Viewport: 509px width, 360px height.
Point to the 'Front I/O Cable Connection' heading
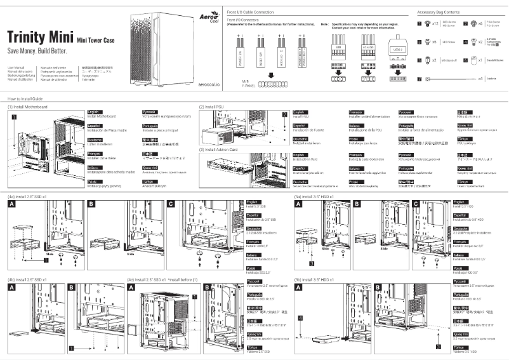251,13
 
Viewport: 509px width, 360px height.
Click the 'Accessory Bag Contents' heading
439,13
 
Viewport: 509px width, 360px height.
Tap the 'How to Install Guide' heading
25,100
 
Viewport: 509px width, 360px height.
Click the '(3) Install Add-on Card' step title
219,149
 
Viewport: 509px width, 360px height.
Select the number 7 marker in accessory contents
420,79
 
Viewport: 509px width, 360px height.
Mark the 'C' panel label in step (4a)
171,204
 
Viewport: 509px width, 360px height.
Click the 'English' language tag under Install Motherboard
93,111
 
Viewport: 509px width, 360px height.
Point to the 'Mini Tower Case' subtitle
96,39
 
